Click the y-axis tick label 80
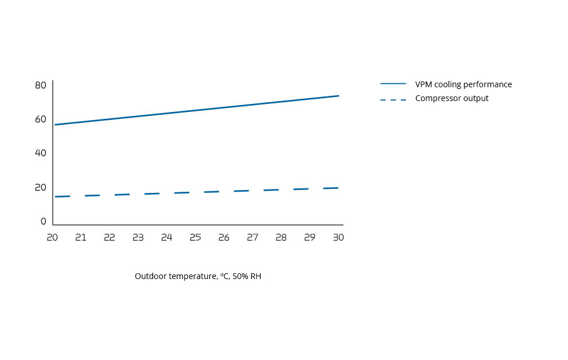(x=40, y=85)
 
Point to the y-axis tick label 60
(x=40, y=119)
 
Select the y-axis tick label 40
(x=40, y=153)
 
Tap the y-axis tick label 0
(x=44, y=222)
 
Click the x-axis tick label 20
(x=52, y=237)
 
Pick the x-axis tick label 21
(x=81, y=237)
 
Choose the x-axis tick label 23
(x=138, y=237)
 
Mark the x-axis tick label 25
(x=195, y=237)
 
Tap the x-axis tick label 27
(x=252, y=237)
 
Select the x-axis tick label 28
(x=281, y=237)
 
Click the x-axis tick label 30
(x=339, y=237)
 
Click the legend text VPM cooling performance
(x=464, y=84)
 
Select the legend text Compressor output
(x=452, y=98)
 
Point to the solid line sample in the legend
(x=393, y=84)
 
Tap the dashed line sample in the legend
(x=393, y=99)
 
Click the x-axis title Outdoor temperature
(x=175, y=276)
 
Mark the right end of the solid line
(x=339, y=96)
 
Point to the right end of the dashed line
(x=338, y=188)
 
